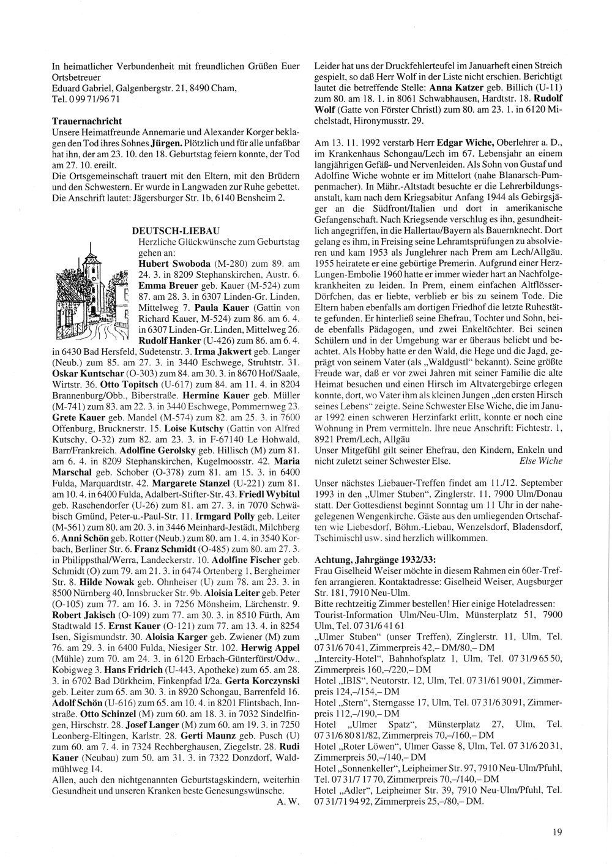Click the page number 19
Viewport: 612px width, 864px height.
point(557,831)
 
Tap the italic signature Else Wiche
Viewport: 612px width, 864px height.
point(540,461)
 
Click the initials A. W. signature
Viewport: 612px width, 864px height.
point(288,802)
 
